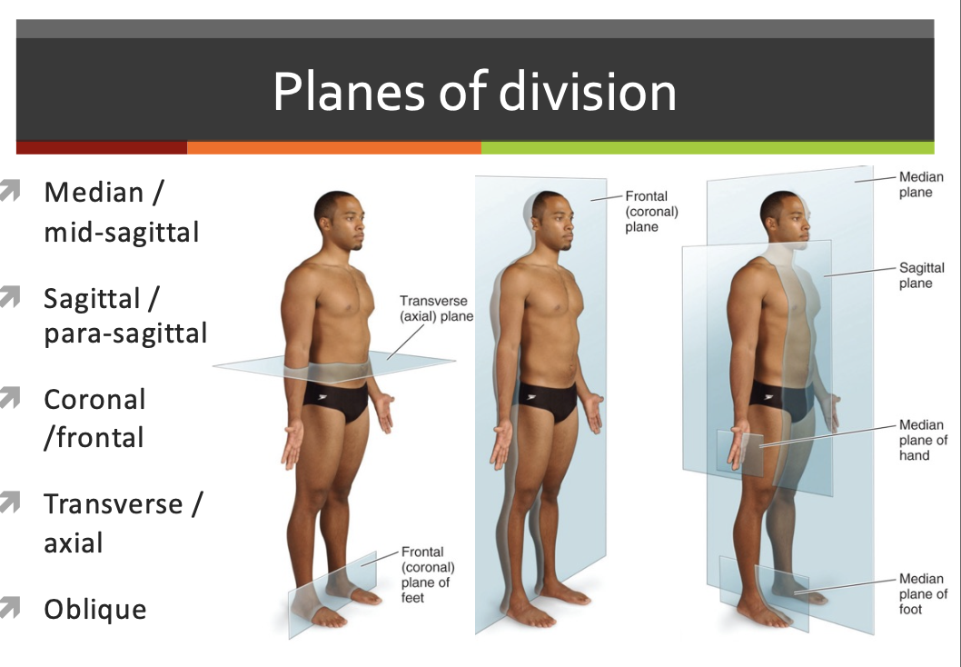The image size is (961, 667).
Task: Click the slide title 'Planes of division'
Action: [x=474, y=91]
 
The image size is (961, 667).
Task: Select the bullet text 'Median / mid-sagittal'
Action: [x=121, y=212]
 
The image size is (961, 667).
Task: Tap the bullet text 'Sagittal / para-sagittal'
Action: [x=125, y=315]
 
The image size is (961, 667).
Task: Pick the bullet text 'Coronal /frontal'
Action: [x=94, y=418]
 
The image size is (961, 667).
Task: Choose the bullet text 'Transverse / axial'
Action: [x=123, y=523]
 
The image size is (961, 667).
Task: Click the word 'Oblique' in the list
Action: [x=94, y=609]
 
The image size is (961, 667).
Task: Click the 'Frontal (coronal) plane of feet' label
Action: [x=426, y=574]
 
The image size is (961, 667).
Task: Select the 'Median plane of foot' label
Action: [x=923, y=593]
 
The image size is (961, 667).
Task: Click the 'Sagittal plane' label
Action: [x=921, y=275]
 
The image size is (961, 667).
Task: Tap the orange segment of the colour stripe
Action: [x=333, y=147]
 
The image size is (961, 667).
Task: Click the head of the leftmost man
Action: [x=336, y=216]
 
